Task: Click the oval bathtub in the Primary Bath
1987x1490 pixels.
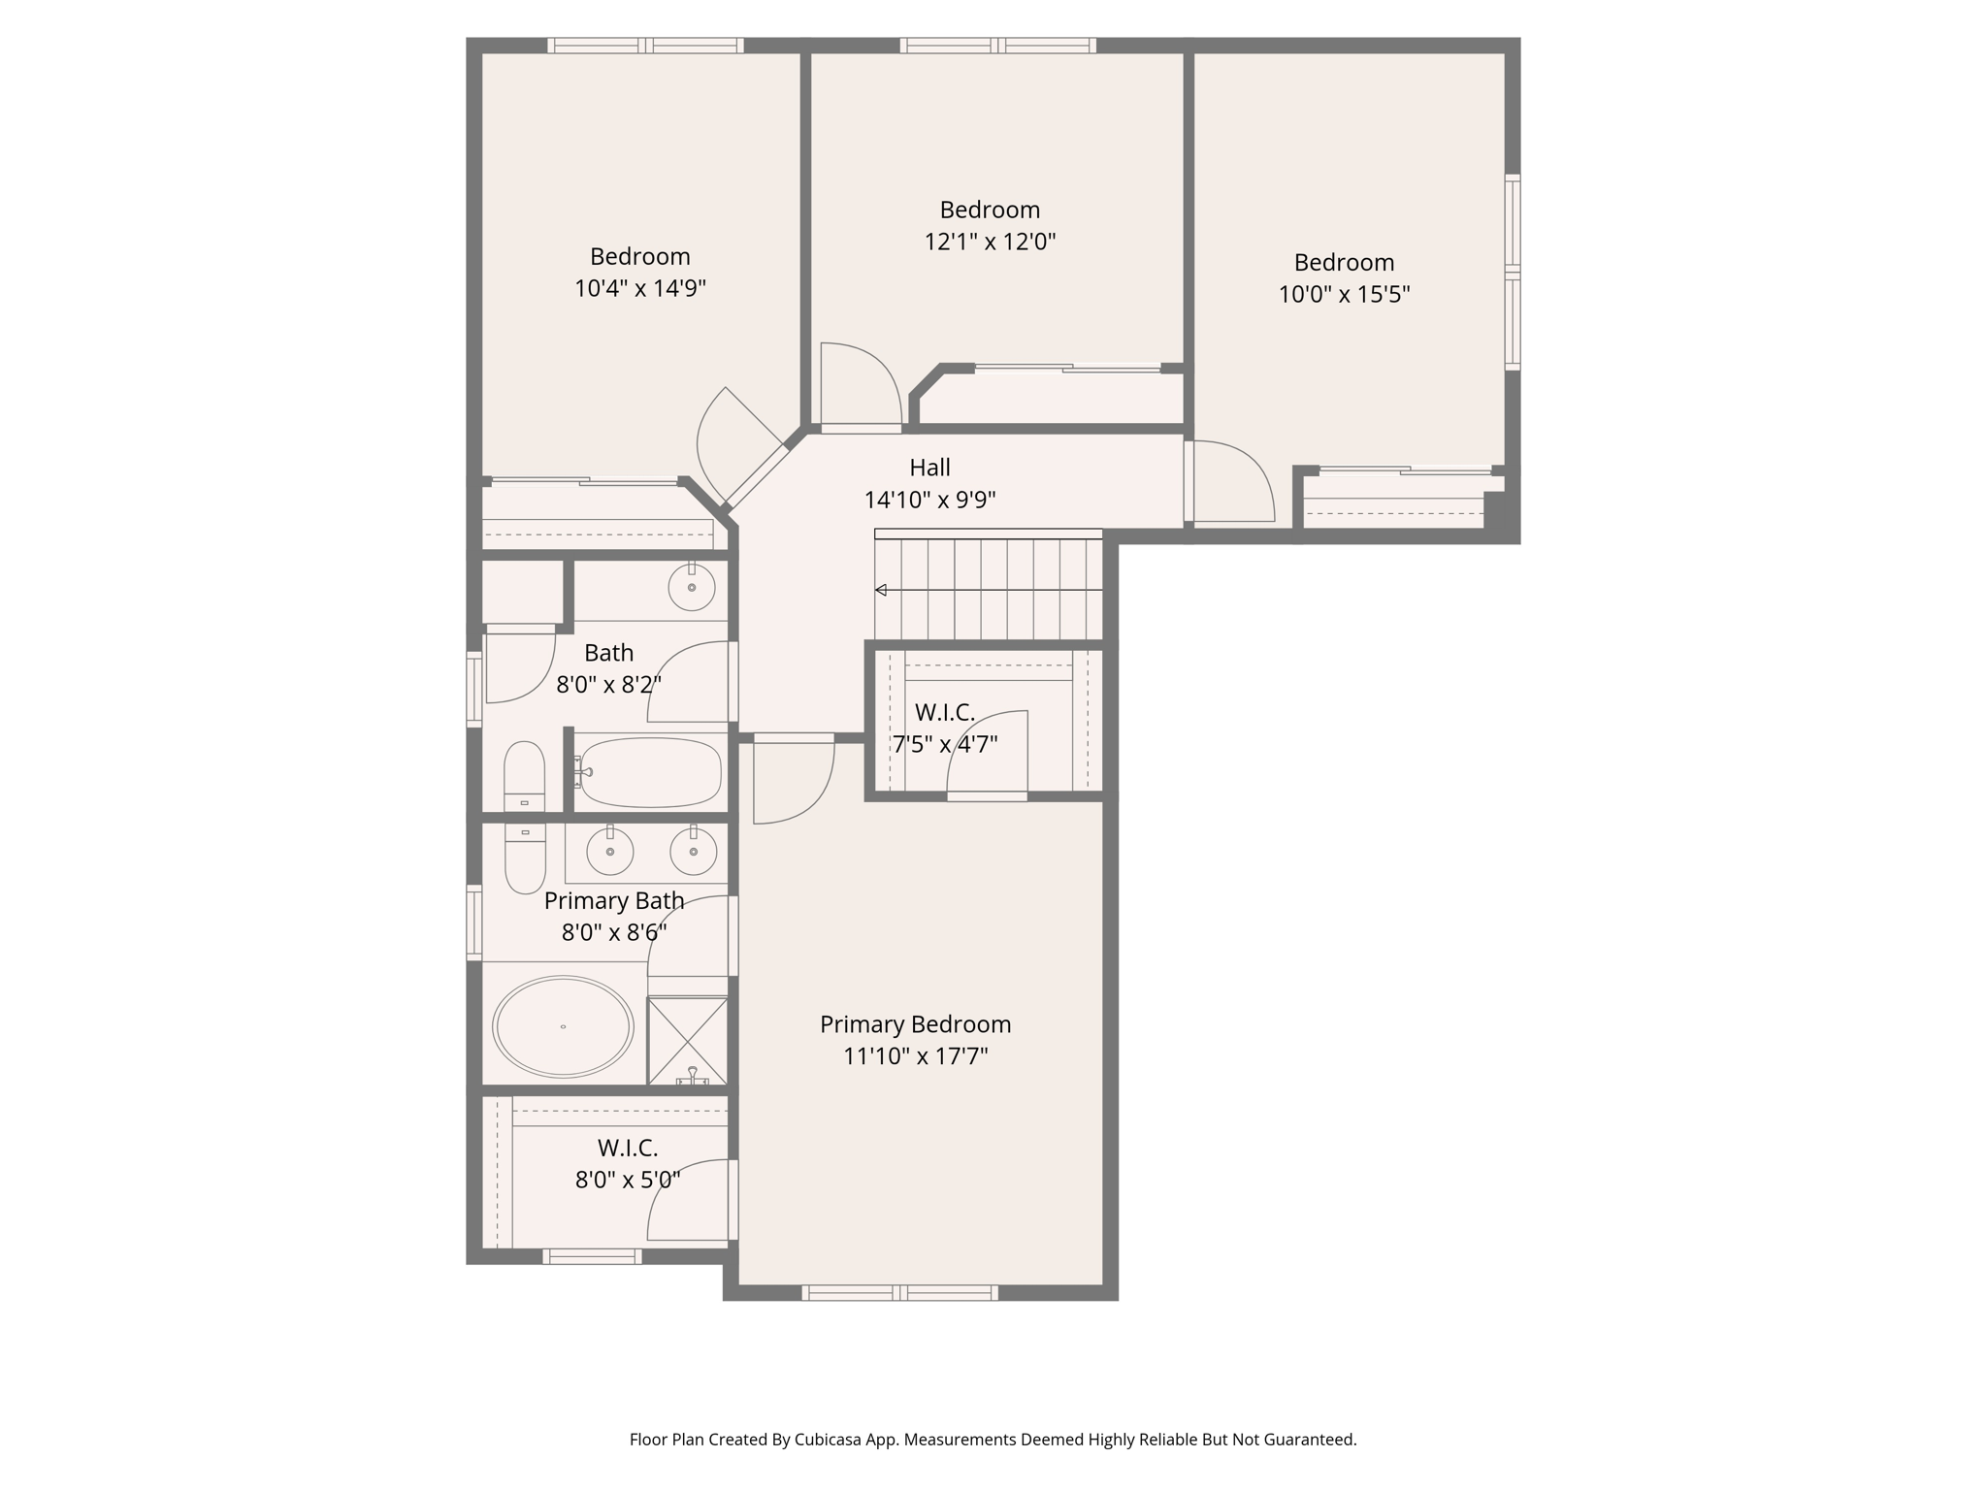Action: click(563, 1026)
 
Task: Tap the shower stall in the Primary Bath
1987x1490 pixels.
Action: click(687, 1040)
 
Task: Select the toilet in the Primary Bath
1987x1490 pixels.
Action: click(525, 858)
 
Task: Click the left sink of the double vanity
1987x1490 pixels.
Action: click(610, 852)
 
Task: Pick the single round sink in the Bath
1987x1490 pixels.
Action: click(692, 587)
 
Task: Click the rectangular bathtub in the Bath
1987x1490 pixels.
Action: click(650, 773)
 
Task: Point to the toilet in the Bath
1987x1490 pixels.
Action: click(524, 776)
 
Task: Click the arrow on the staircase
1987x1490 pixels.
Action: click(881, 590)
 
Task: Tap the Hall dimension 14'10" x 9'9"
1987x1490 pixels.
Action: click(929, 500)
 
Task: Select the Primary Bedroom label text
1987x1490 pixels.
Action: click(915, 1024)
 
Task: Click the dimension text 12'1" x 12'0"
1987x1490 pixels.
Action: click(990, 242)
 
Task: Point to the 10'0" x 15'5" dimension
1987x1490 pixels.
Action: click(1344, 294)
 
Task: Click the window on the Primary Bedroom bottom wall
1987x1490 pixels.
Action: click(900, 1292)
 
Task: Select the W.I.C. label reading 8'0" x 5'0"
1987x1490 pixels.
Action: click(628, 1180)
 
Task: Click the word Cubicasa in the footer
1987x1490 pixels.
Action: click(831, 1440)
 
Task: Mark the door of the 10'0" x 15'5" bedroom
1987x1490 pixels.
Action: click(1230, 482)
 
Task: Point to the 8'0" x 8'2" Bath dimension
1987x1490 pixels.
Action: click(608, 685)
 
